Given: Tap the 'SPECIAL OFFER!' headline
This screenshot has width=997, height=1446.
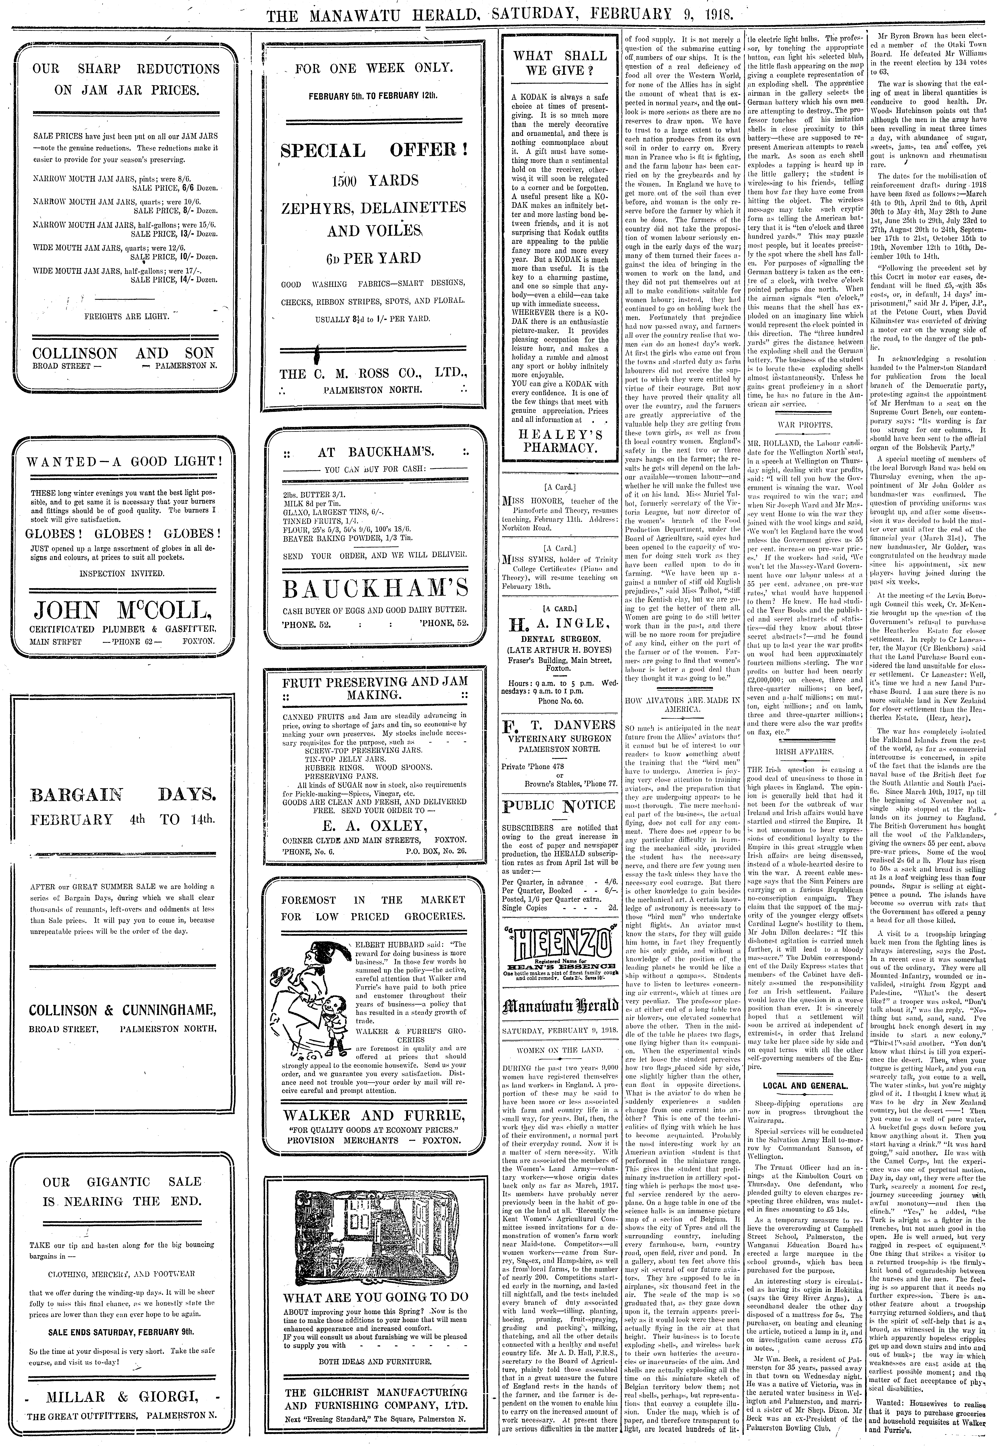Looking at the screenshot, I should (x=374, y=151).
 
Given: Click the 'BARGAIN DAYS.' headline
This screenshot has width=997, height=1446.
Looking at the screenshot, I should (x=124, y=795).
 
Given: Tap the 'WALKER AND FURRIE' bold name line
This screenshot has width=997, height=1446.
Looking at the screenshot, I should (x=374, y=1116).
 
